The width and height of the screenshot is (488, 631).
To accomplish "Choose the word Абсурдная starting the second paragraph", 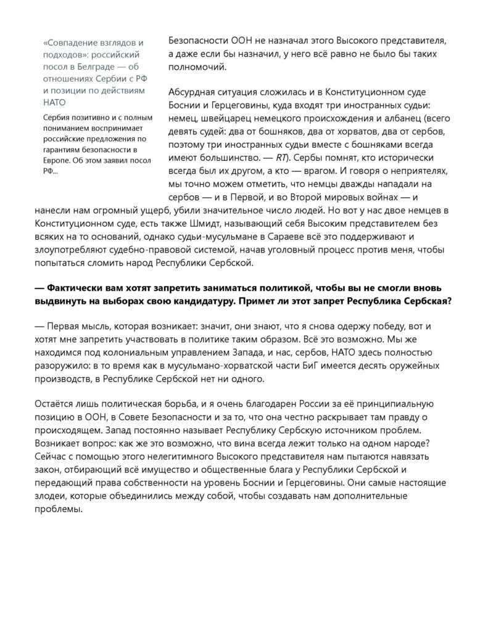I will pos(195,93).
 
